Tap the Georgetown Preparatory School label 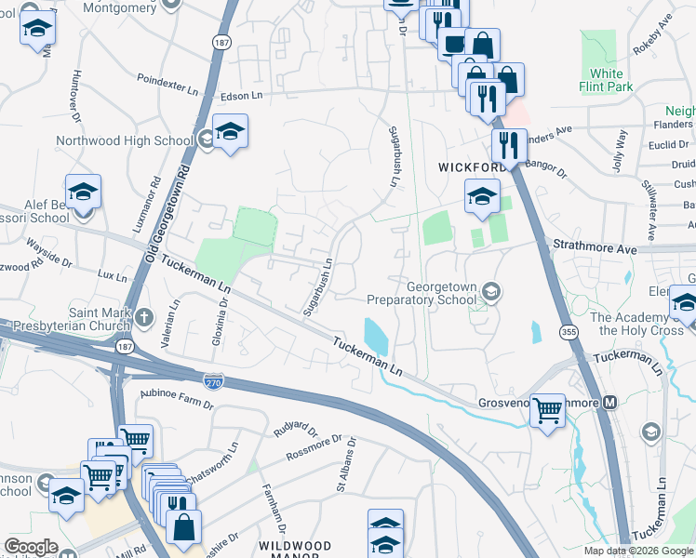(422, 294)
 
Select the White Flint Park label (606, 80)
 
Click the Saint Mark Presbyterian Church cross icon (143, 318)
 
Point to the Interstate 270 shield (212, 378)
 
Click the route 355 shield (567, 331)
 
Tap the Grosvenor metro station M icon (610, 403)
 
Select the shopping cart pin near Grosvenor (547, 409)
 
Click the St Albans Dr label (343, 474)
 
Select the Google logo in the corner (31, 547)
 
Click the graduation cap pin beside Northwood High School (230, 132)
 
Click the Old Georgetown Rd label (168, 214)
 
